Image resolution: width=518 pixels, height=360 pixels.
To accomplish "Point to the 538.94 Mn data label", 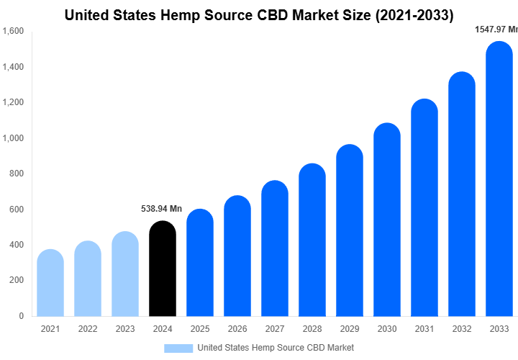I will [160, 209].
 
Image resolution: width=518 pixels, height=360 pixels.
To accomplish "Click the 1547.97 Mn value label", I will [496, 30].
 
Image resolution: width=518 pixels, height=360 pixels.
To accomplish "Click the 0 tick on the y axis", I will [21, 316].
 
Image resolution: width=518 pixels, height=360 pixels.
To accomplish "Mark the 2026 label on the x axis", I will [237, 329].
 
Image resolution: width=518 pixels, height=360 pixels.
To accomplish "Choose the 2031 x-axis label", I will [424, 329].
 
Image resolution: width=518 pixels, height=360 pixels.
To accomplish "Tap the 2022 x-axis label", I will [87, 329].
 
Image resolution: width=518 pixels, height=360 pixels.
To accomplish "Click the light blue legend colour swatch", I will [178, 348].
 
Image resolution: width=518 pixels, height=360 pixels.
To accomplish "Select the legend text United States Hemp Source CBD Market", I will [275, 348].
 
